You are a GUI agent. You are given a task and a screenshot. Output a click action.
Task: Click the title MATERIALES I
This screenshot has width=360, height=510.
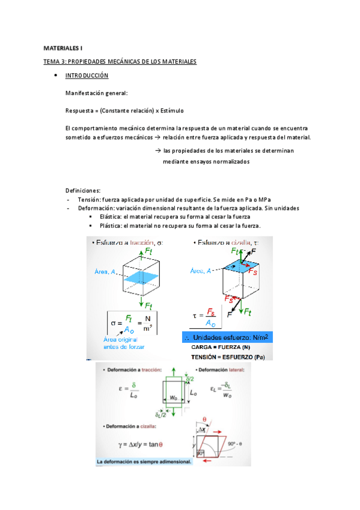click(x=63, y=47)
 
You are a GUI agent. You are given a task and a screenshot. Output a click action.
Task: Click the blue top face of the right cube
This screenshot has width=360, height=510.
click(x=243, y=265)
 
